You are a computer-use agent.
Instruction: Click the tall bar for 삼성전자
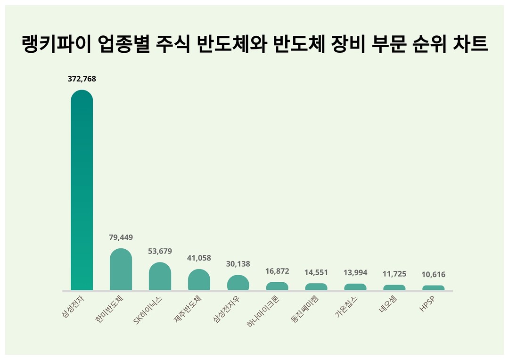click(82, 190)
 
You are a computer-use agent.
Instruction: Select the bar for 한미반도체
click(121, 270)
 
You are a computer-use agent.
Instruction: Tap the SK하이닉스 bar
click(160, 276)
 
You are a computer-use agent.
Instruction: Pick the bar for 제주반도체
click(199, 280)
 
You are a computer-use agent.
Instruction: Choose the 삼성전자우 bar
click(238, 283)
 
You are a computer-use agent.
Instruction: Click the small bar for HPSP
click(434, 288)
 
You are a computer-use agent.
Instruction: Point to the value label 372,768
click(82, 79)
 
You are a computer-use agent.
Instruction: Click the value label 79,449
click(121, 237)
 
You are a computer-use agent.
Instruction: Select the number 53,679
click(160, 251)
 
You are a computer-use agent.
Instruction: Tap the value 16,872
click(277, 271)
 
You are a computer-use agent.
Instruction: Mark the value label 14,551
click(316, 273)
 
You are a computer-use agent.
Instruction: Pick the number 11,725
click(394, 274)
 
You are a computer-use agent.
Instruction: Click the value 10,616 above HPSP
click(434, 275)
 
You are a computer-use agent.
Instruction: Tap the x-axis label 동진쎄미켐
click(305, 309)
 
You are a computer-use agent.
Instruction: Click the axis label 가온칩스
click(346, 307)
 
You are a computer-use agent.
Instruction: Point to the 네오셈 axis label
click(387, 304)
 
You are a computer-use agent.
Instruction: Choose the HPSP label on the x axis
click(427, 304)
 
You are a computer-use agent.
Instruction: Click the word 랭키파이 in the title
click(56, 44)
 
